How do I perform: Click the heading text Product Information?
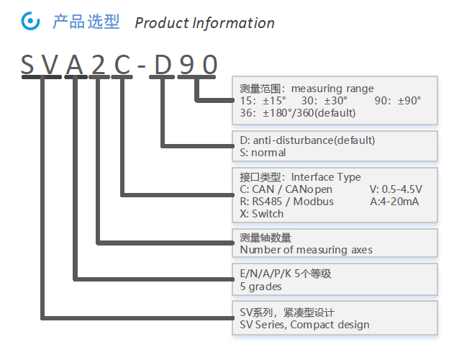coord(204,23)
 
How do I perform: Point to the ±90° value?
coord(407,101)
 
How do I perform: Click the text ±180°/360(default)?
coord(309,113)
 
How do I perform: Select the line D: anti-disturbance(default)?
coord(307,140)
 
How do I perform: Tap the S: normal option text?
coord(263,153)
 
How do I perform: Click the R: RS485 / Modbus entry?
coord(286,202)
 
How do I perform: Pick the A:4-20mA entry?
coord(394,202)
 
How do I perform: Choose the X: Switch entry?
coord(262,214)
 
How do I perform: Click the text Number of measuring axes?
coord(306,250)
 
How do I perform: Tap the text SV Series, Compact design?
coord(304,324)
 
